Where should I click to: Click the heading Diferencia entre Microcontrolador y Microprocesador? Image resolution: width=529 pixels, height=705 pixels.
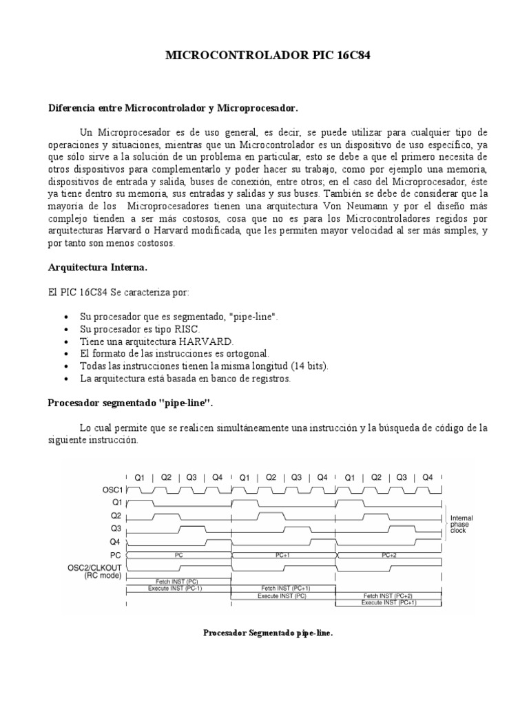pos(172,108)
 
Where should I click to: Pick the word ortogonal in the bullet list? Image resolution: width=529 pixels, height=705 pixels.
pos(245,354)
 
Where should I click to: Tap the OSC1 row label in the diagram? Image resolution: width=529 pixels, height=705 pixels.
pos(112,490)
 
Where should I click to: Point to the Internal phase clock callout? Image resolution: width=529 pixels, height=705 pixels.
pos(461,524)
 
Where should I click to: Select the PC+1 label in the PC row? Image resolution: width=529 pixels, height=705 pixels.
pos(282,554)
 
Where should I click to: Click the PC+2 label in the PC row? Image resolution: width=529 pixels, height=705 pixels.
pos(389,554)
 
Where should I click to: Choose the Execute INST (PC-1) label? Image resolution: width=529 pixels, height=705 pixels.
pos(176,589)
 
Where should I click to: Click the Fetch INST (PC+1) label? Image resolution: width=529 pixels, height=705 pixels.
pos(283,589)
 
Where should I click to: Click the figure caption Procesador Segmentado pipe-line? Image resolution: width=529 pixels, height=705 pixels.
pos(268,632)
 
